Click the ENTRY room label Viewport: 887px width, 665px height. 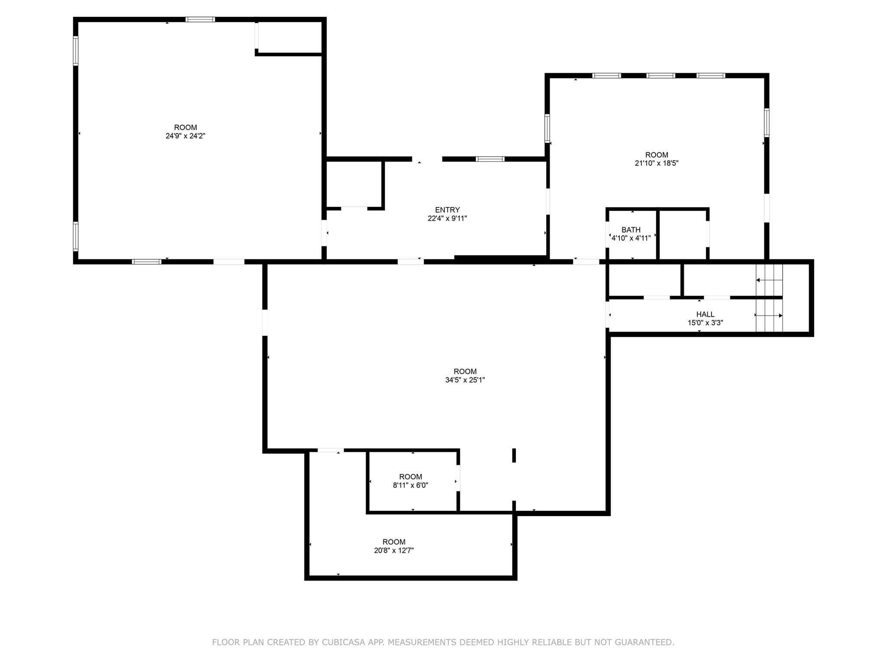point(447,210)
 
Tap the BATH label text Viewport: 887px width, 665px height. point(631,230)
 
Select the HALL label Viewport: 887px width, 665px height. point(705,314)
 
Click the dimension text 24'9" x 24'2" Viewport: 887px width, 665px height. point(185,136)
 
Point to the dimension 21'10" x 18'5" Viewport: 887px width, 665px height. point(656,164)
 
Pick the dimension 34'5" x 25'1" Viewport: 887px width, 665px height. point(465,380)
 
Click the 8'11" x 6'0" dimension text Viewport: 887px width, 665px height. point(410,485)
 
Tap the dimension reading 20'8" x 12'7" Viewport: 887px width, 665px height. point(394,551)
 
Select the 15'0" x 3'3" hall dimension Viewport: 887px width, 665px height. point(705,323)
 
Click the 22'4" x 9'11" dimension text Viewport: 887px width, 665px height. point(447,219)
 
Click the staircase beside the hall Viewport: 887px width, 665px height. point(769,298)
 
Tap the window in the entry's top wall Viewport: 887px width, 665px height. point(490,159)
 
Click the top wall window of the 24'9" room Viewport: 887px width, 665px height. point(200,19)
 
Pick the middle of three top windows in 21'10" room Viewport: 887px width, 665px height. point(660,76)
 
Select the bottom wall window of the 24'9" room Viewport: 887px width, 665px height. point(146,261)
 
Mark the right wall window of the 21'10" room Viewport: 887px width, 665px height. point(766,123)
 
